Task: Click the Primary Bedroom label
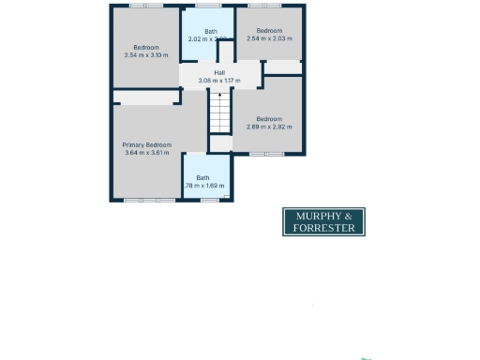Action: (x=147, y=144)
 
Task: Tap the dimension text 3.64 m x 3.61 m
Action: (x=147, y=152)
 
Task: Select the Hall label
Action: (x=219, y=73)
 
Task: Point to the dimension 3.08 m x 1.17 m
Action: (x=219, y=81)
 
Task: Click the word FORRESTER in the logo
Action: (x=323, y=228)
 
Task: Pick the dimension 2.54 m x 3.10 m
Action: (x=145, y=54)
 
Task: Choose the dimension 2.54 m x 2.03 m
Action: (x=269, y=38)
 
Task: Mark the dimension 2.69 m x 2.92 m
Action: (x=269, y=127)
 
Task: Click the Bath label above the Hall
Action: (x=211, y=32)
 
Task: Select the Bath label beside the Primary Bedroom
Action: (x=202, y=178)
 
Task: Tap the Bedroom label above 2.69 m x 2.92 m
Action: (x=269, y=119)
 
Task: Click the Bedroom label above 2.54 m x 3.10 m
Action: (x=145, y=47)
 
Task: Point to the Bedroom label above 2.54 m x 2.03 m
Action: (x=269, y=31)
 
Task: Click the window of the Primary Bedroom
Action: (x=149, y=200)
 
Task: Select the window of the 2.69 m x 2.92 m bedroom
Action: (x=265, y=154)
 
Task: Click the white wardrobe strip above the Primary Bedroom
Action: (x=145, y=97)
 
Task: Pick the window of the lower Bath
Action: (x=209, y=200)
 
